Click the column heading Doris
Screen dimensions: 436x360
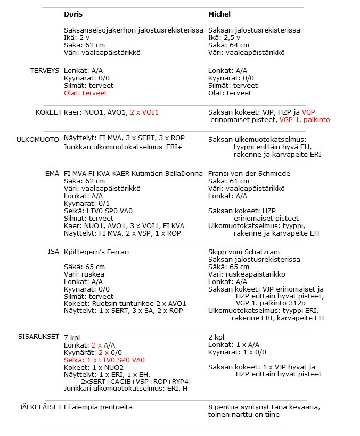pos(73,14)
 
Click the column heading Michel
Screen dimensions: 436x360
pos(219,14)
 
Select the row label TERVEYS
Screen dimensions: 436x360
pos(44,71)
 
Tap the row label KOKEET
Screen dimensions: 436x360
pos(47,113)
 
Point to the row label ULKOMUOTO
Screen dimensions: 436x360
pos(38,140)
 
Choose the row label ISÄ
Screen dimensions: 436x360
pos(53,252)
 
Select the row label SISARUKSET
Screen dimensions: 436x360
pos(38,337)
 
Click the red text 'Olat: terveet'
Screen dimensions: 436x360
pos(85,93)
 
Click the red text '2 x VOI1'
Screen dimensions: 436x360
pos(144,112)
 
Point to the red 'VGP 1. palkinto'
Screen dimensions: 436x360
pos(305,120)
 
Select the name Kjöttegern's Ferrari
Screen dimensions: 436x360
pos(96,252)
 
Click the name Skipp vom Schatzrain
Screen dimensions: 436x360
pos(244,252)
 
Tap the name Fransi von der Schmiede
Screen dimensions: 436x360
pos(250,174)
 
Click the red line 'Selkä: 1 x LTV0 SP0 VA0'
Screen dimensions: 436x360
pos(104,360)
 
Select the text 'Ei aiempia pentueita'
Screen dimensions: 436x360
pos(98,407)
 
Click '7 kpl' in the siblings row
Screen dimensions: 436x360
pos(72,337)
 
